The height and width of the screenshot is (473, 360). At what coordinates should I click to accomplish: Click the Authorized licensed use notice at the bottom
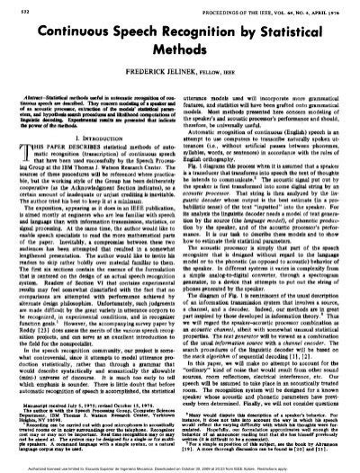[180, 467]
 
